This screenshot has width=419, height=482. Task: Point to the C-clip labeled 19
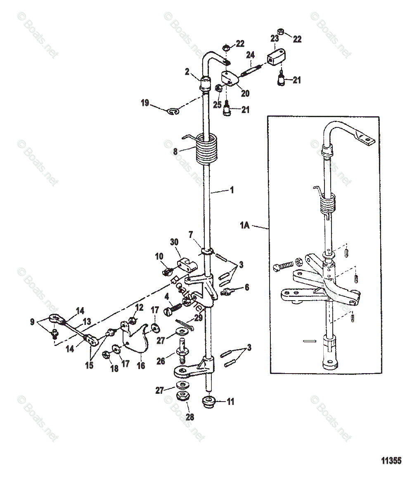click(x=175, y=111)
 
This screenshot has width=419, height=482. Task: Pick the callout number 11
click(x=230, y=401)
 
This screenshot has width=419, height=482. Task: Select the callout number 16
click(x=141, y=365)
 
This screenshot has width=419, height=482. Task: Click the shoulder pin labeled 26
click(x=182, y=351)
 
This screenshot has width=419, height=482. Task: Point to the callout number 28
click(x=189, y=417)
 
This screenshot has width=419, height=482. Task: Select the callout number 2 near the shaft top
click(x=187, y=72)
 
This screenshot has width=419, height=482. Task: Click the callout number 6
click(x=246, y=287)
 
